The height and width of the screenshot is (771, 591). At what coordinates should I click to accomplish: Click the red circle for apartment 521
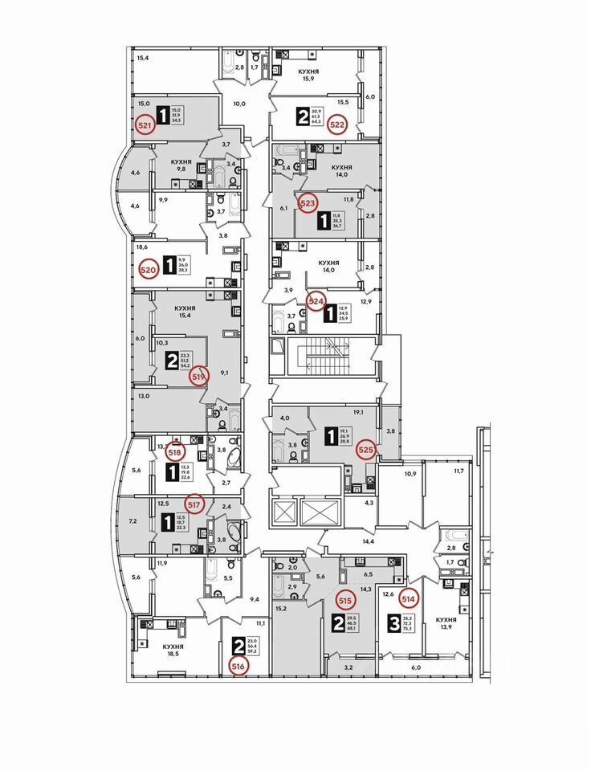pos(145,126)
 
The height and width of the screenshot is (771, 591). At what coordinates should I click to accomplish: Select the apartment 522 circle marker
pos(339,124)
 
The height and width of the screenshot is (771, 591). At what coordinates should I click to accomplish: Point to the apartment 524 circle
pos(316,302)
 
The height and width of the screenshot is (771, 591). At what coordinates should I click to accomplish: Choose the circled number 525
pos(365,450)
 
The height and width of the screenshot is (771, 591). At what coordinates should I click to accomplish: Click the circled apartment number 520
pos(147,270)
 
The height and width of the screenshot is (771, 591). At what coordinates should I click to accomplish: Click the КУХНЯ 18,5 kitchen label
pos(173,651)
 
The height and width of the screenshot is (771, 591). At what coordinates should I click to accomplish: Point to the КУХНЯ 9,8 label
pos(184,165)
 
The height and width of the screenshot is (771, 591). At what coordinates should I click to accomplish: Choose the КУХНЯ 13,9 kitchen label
pos(446,625)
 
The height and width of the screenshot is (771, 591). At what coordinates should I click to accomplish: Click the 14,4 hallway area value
pos(369,542)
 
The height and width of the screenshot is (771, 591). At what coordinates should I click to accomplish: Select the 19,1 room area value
pos(359,413)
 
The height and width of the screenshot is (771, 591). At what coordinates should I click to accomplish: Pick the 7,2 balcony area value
pos(133,521)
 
